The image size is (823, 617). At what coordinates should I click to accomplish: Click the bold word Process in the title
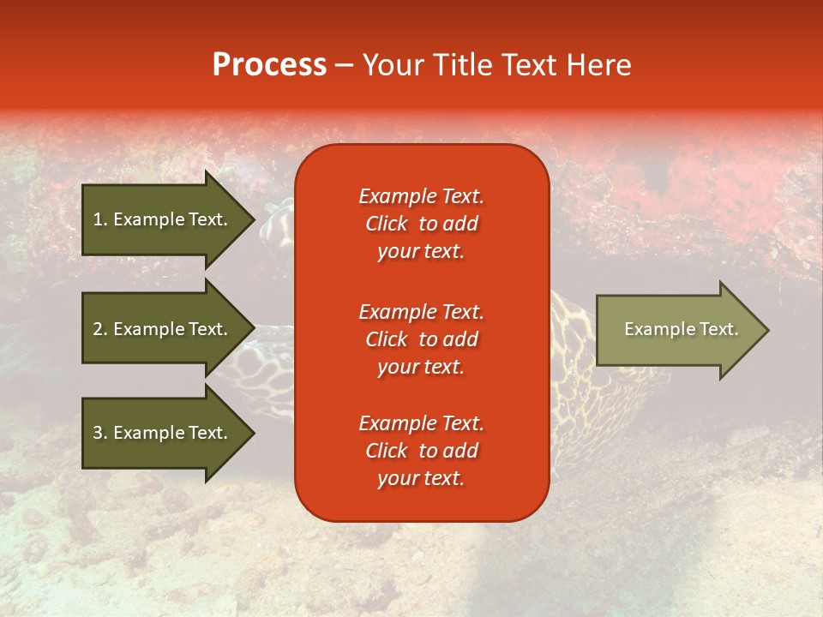tap(269, 64)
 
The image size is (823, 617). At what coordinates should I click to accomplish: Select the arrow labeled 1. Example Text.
tap(163, 219)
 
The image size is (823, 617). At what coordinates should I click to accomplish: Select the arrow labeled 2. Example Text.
tap(163, 329)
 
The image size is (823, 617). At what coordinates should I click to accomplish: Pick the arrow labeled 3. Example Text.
tap(163, 433)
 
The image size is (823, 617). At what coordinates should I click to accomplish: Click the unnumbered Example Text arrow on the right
tap(677, 329)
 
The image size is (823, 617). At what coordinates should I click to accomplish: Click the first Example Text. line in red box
tap(421, 196)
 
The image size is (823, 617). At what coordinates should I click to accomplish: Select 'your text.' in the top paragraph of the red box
tap(421, 251)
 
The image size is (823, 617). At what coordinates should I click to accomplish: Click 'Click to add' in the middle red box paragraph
tap(421, 339)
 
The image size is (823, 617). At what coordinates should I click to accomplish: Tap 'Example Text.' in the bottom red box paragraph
tap(421, 423)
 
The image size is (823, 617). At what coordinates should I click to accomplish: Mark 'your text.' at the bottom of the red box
tap(421, 478)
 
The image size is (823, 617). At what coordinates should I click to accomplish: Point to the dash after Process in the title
tap(345, 65)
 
